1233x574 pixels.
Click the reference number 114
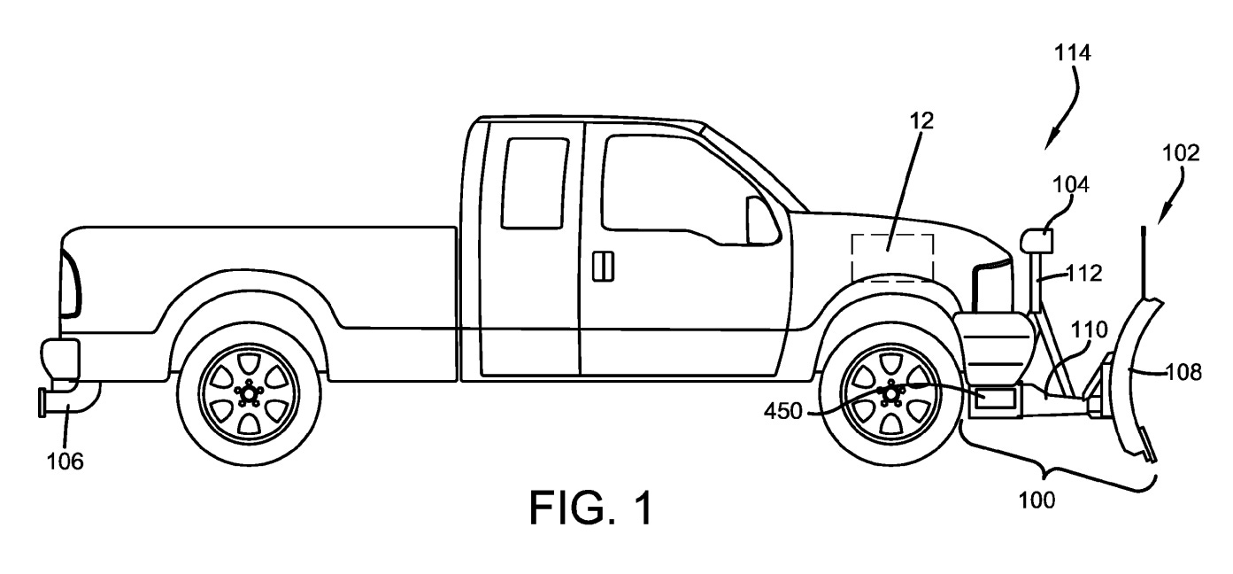[1072, 52]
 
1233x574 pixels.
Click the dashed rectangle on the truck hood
[892, 257]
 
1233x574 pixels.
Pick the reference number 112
[1084, 275]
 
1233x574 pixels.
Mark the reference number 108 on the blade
[1183, 373]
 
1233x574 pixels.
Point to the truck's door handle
[605, 266]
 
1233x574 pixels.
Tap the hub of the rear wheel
[249, 393]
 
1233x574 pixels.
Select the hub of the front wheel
[890, 393]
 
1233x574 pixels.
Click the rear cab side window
[533, 183]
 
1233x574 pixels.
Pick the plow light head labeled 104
[1035, 239]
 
